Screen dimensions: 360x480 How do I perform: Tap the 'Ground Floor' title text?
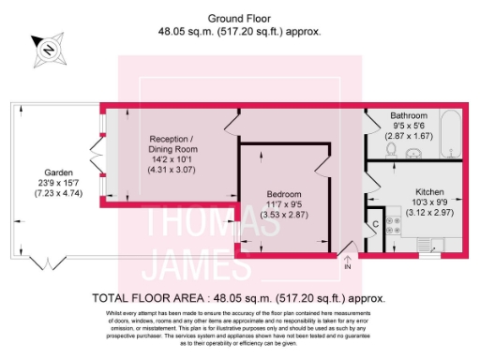[x=239, y=19]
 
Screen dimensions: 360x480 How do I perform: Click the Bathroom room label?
[x=409, y=116]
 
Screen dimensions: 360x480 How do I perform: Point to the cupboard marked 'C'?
[x=375, y=226]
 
